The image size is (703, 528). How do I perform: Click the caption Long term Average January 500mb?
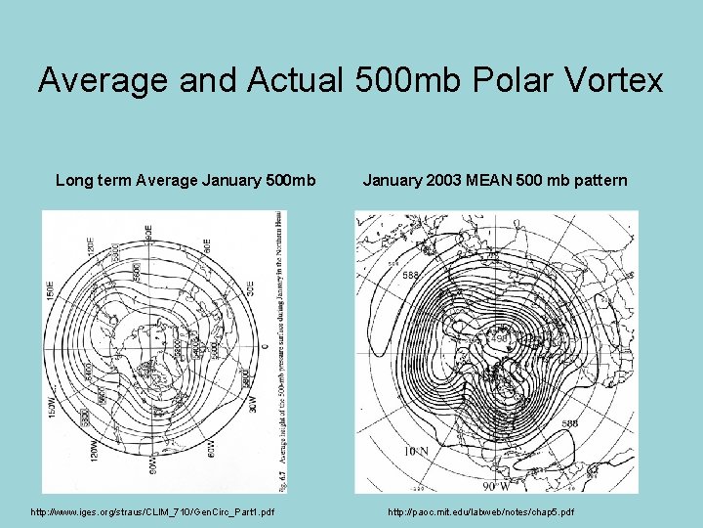pyautogui.click(x=186, y=180)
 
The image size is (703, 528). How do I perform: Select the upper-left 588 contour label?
pyautogui.click(x=412, y=276)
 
